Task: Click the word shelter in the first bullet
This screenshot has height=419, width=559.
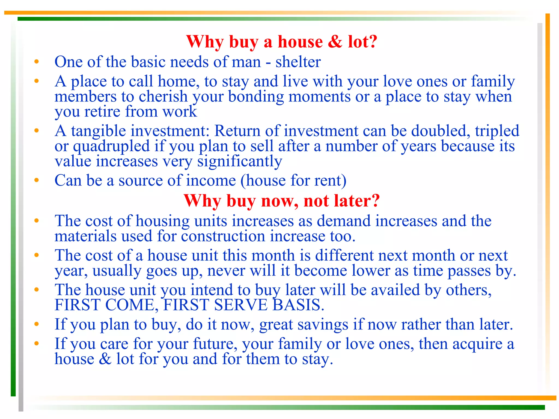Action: pyautogui.click(x=298, y=62)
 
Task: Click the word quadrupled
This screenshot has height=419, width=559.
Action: pyautogui.click(x=111, y=146)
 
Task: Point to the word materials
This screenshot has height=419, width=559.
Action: pyautogui.click(x=85, y=236)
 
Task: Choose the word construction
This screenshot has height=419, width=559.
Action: pyautogui.click(x=223, y=236)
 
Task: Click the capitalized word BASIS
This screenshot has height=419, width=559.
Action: pyautogui.click(x=298, y=305)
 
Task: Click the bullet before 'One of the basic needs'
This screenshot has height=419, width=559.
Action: pyautogui.click(x=37, y=62)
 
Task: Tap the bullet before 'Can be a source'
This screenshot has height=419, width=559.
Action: pyautogui.click(x=37, y=180)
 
